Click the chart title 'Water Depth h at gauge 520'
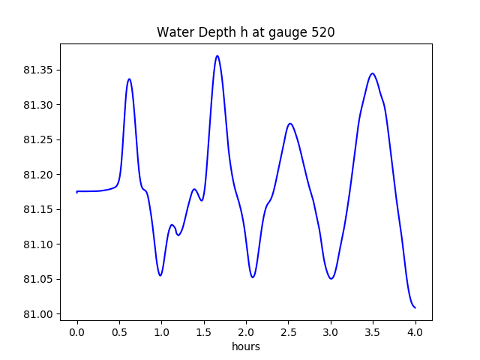[246, 33]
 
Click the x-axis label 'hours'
[246, 346]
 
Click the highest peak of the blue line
[217, 55]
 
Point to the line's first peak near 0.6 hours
[129, 79]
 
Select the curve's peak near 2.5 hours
[290, 124]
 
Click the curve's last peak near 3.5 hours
[372, 73]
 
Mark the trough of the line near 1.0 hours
[160, 275]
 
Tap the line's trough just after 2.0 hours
[253, 277]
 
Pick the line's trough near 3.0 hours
[331, 278]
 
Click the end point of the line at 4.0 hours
[415, 307]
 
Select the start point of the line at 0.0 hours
[77, 192]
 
